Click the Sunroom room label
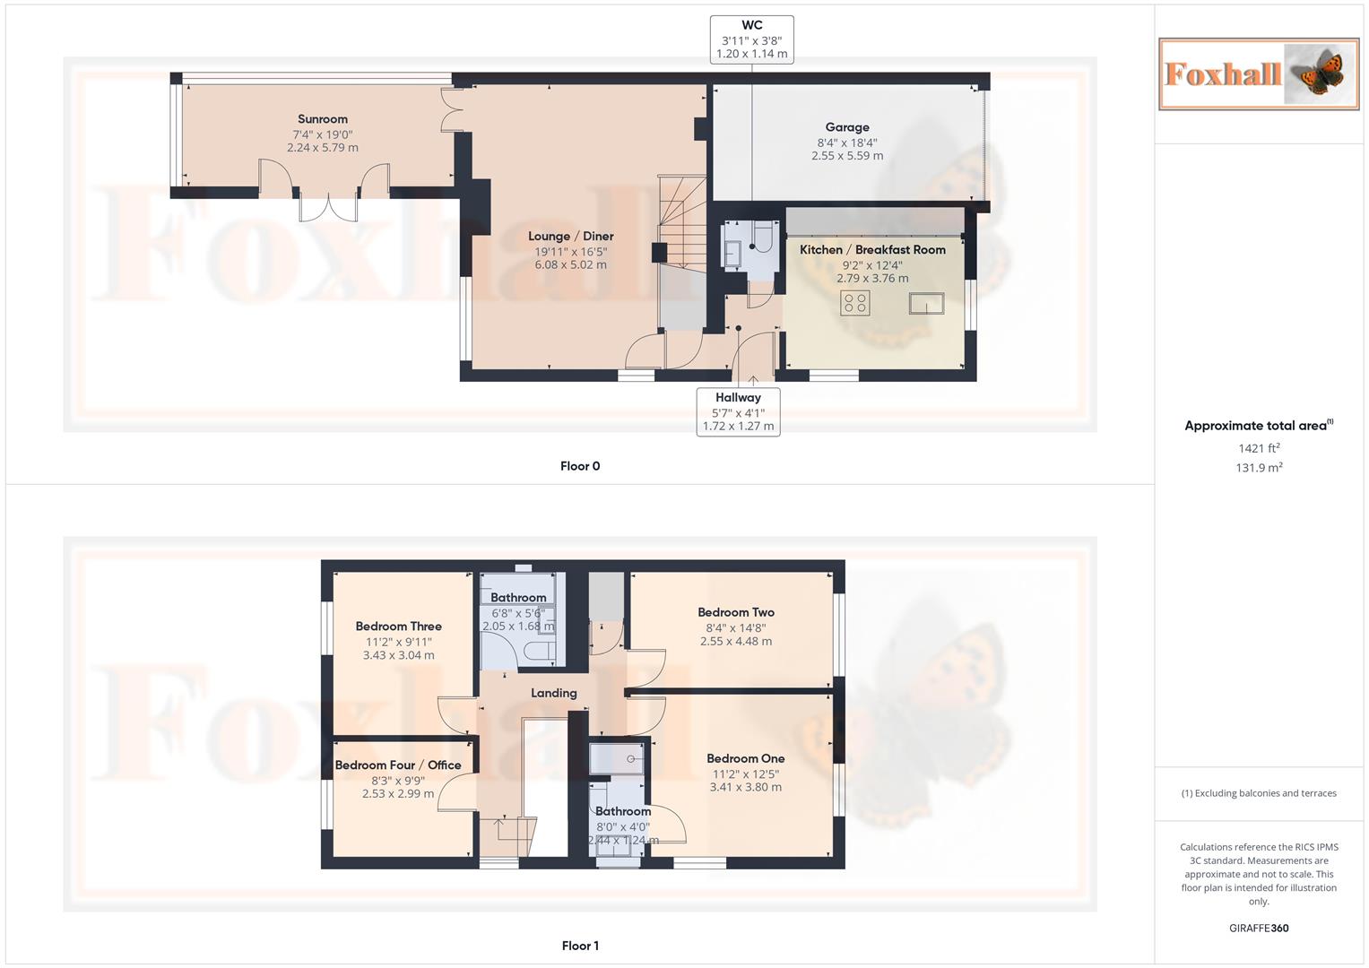[x=322, y=119]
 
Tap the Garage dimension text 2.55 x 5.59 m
[x=847, y=156]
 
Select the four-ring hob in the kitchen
[x=854, y=303]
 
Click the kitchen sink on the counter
[x=926, y=304]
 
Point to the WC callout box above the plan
[x=751, y=40]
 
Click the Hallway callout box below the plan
[x=738, y=411]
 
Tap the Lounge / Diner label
[x=570, y=237]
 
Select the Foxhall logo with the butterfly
[x=1258, y=73]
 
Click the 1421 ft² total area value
[x=1258, y=448]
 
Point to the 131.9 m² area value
[x=1258, y=468]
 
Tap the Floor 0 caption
[x=580, y=466]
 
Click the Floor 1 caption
[x=580, y=946]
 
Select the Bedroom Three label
[x=398, y=627]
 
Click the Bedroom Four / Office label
[x=398, y=765]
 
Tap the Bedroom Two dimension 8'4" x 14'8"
[x=735, y=627]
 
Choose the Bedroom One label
[x=745, y=759]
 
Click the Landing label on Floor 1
[x=553, y=693]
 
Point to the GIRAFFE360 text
[x=1258, y=929]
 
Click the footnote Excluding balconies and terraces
[x=1258, y=793]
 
